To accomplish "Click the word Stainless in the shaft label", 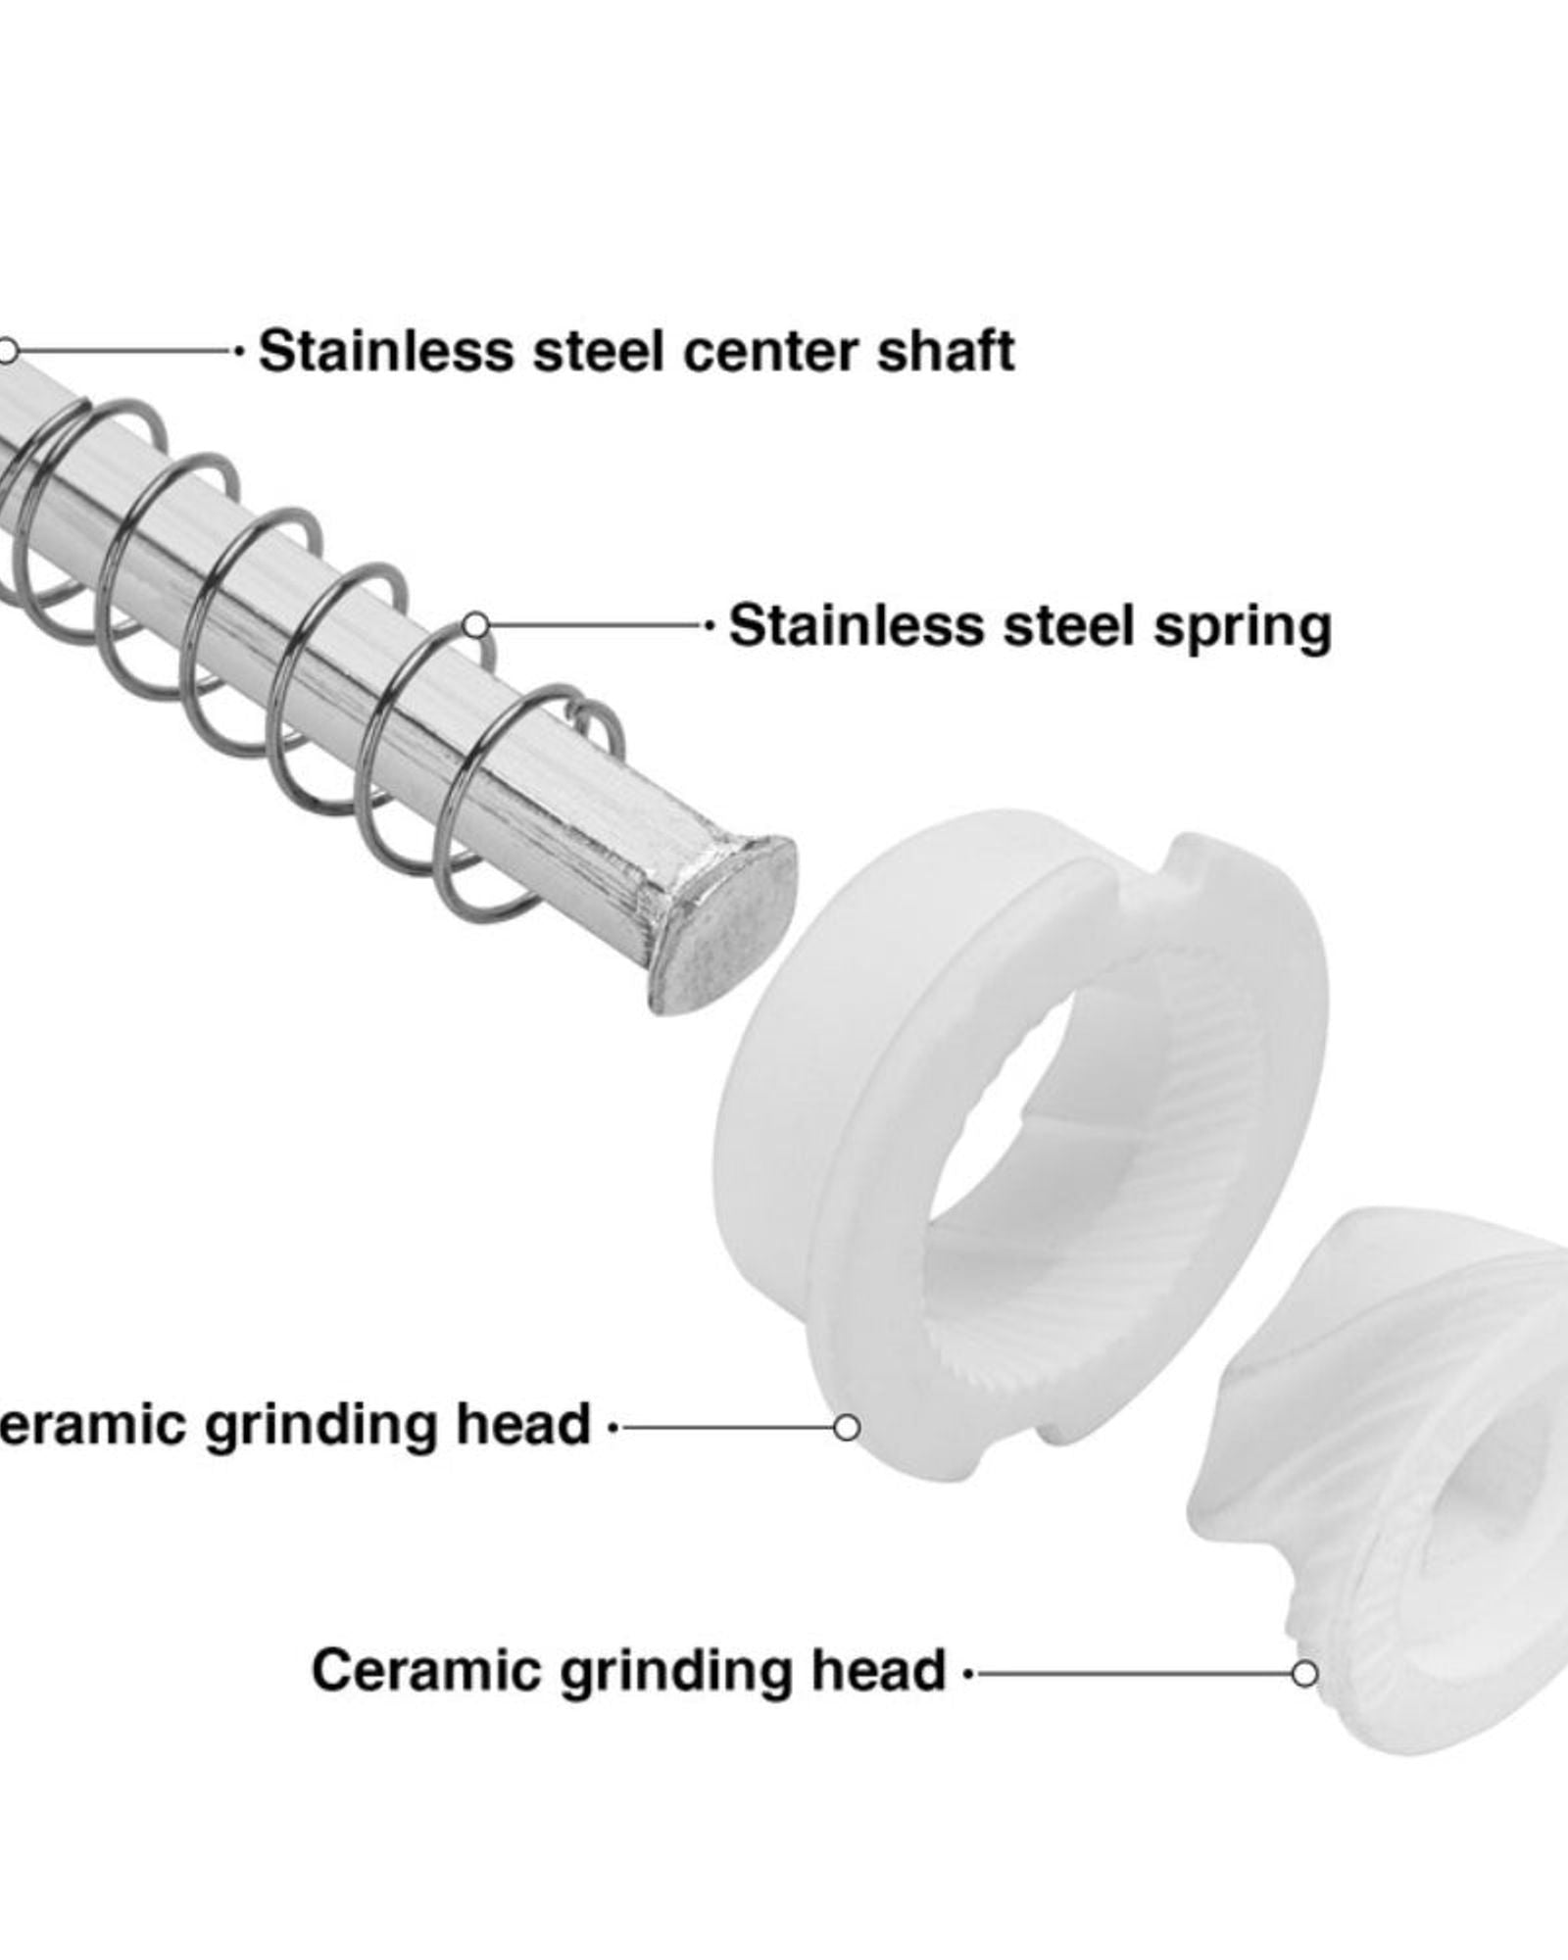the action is pos(385,351).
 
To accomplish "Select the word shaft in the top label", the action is pos(946,351).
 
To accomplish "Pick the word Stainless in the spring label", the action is pos(856,625).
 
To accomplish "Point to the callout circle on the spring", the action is pos(475,625).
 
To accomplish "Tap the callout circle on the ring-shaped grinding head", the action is pos(847,1427).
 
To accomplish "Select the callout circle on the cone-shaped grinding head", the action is pos(1304,1673).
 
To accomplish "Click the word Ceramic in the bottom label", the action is pos(425,1670).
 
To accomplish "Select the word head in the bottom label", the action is pos(878,1670).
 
